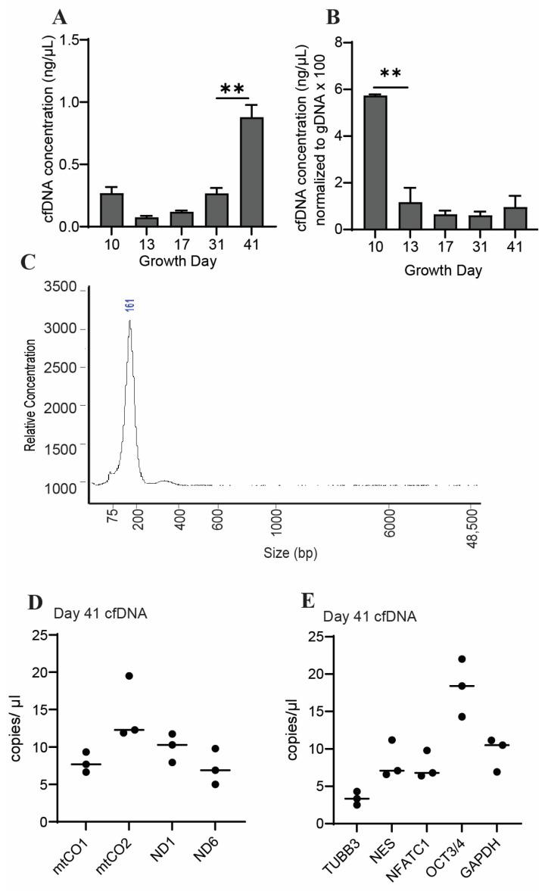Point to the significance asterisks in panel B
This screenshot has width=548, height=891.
pyautogui.click(x=390, y=74)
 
